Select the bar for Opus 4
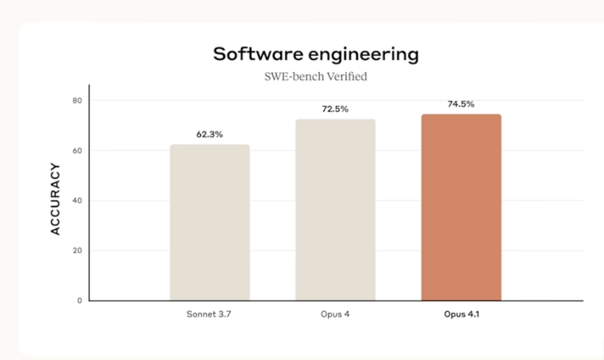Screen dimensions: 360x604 [335, 210]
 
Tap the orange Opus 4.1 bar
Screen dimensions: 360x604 [462, 207]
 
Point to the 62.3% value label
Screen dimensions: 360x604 [210, 134]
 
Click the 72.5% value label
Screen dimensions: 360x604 [335, 109]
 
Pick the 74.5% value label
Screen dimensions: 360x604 [462, 104]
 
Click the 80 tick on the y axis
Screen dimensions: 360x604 [78, 101]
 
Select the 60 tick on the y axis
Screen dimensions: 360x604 [78, 150]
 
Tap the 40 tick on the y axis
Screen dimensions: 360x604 [78, 201]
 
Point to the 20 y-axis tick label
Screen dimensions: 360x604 [78, 250]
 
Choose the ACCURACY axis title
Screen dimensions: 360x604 [56, 198]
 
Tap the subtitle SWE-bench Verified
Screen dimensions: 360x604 [314, 78]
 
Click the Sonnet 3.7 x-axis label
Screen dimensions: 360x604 [210, 314]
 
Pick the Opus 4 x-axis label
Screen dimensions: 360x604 [335, 314]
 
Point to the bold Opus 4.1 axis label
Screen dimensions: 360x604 [462, 314]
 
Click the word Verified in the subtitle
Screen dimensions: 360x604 [346, 78]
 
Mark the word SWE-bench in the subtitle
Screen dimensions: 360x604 [292, 78]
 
